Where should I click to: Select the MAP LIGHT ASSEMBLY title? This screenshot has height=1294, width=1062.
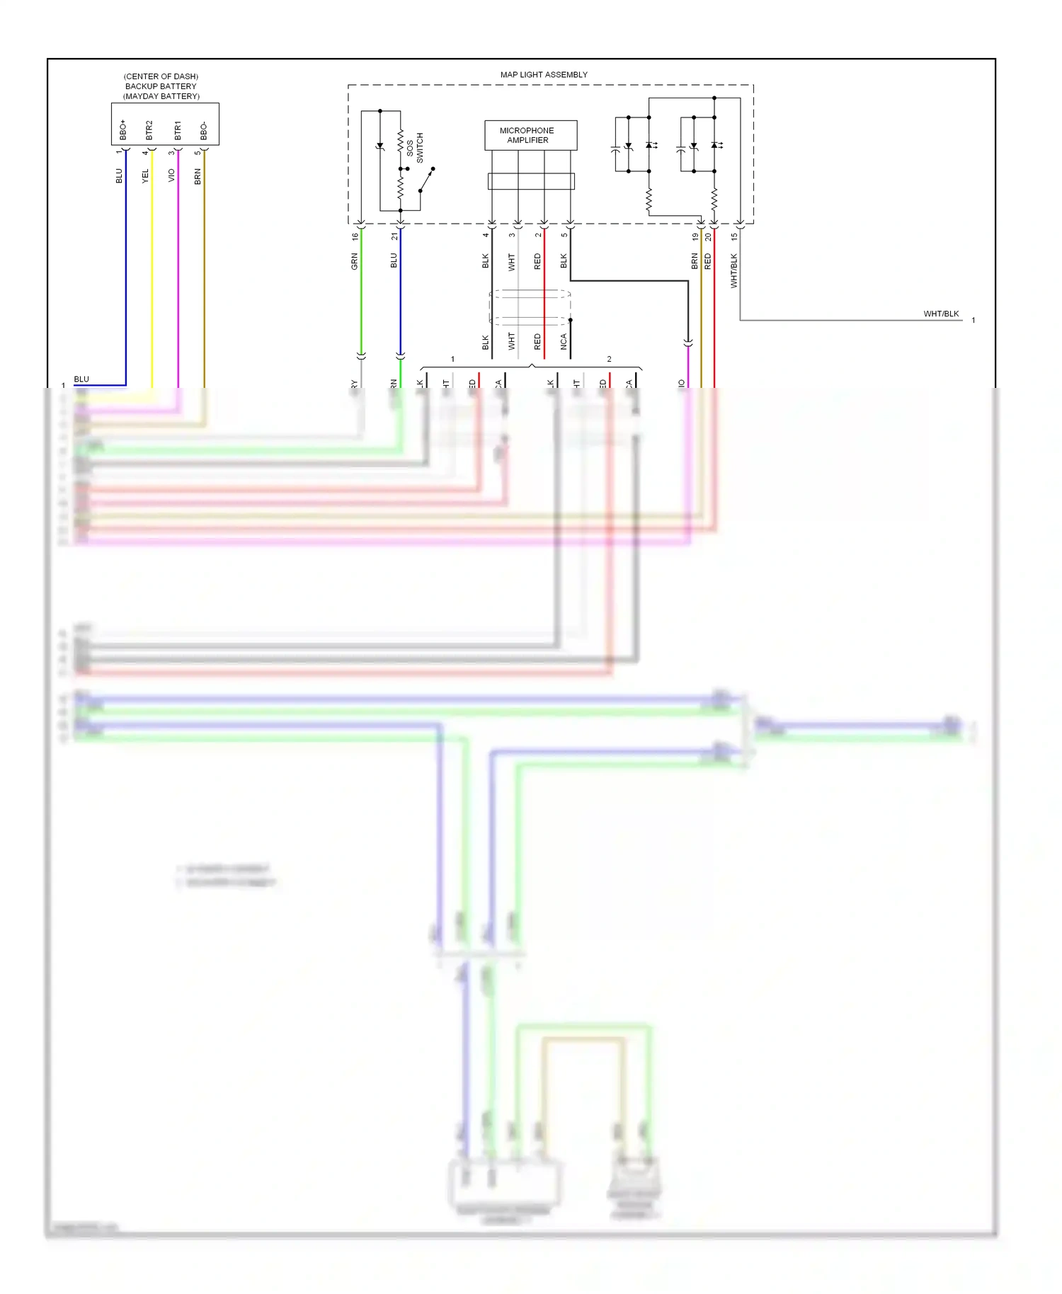(544, 74)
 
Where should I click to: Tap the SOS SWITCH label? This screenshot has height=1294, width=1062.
(415, 148)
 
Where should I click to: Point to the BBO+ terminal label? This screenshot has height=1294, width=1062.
(123, 130)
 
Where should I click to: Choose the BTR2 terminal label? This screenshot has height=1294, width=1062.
(149, 130)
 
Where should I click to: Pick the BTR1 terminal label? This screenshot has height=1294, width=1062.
(178, 130)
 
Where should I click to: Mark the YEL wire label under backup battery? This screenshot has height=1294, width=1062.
(146, 176)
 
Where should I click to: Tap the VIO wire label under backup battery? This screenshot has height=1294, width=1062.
(171, 176)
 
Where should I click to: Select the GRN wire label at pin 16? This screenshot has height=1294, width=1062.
(355, 261)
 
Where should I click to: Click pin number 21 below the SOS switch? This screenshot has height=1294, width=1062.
(394, 236)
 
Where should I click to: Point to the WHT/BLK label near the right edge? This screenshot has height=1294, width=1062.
(941, 314)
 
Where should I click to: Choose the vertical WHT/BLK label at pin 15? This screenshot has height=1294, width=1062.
(734, 270)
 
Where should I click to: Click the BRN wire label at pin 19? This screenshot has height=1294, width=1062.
(695, 261)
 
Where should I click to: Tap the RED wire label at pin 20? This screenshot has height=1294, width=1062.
(707, 261)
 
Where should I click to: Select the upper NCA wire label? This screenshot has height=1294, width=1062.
(564, 342)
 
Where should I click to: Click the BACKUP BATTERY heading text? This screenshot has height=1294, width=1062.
(161, 86)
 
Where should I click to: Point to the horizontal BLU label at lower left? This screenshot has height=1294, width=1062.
(81, 379)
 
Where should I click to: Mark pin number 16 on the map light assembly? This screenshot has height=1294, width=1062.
(355, 236)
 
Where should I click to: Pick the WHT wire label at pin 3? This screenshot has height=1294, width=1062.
(512, 263)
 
